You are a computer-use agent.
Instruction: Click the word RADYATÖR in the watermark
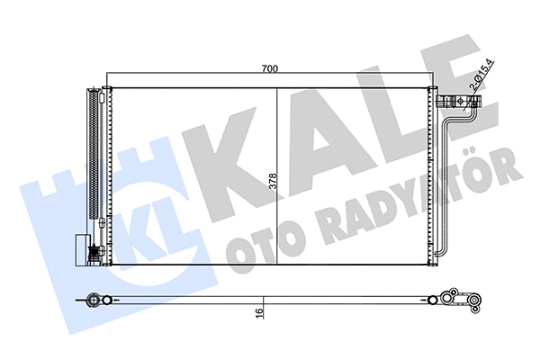424,194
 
